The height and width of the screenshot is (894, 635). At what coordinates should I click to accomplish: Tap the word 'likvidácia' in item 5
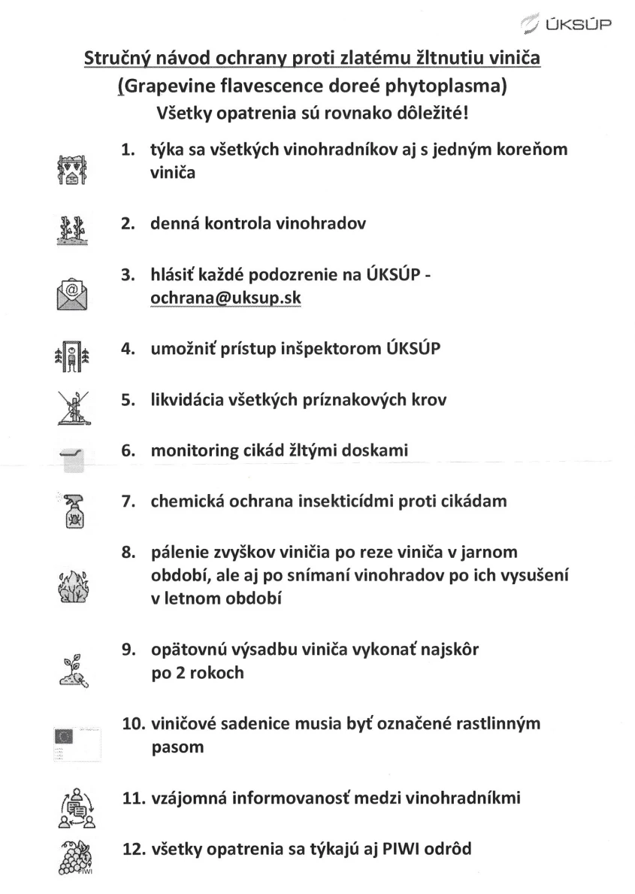pyautogui.click(x=188, y=400)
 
